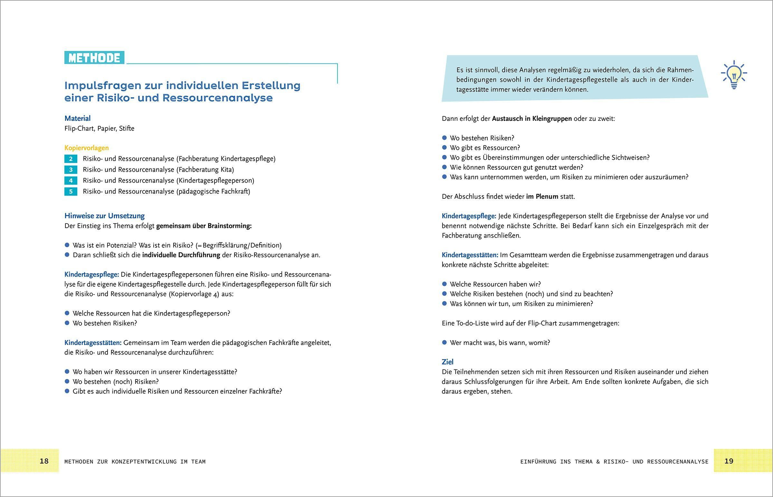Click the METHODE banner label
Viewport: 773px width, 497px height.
coord(94,58)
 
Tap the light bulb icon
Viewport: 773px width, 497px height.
coord(734,74)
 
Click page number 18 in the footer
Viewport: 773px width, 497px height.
coord(44,461)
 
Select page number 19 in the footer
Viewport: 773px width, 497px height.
coord(729,461)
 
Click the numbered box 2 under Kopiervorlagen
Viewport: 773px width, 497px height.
coord(71,159)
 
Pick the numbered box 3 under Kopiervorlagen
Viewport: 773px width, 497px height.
coord(71,170)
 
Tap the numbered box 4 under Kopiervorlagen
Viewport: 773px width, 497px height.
coord(71,181)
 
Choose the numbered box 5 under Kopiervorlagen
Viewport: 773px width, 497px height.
coord(71,192)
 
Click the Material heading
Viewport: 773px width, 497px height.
coord(77,119)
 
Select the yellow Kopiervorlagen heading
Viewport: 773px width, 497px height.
coord(86,148)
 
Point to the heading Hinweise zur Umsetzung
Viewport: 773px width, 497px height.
coord(105,215)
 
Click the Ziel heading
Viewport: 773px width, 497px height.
coord(447,362)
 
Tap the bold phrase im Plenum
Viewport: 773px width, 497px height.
coord(542,196)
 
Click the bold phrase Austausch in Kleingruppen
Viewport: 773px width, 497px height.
coord(532,119)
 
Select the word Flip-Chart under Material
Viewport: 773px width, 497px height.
coord(79,129)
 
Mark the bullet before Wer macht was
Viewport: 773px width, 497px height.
coord(444,342)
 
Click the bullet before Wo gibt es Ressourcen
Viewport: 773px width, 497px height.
coord(444,148)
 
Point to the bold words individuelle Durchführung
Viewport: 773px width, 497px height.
coord(181,255)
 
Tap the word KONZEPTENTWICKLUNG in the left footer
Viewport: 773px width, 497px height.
coord(144,462)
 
